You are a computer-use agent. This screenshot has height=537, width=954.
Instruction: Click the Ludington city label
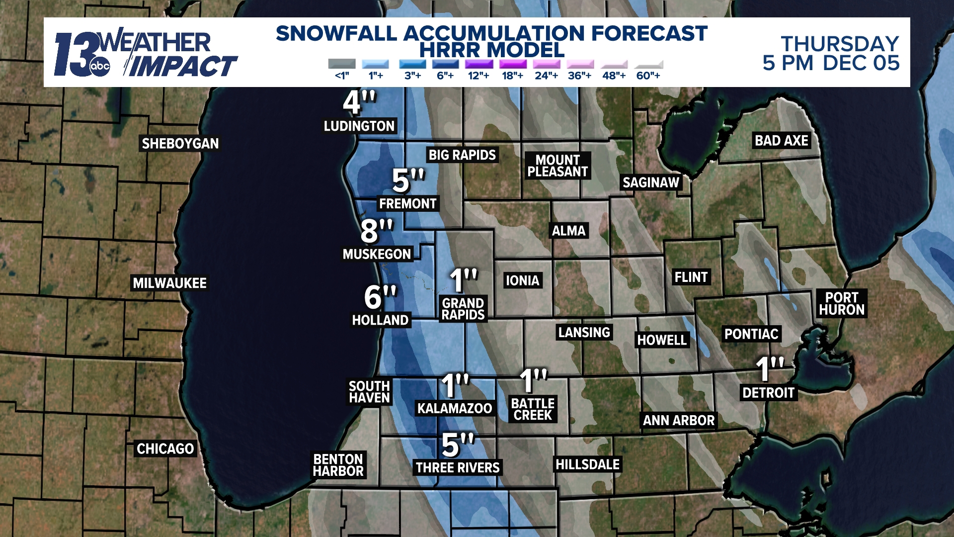tap(359, 126)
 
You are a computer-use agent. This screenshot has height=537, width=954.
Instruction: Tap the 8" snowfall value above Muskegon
tap(376, 231)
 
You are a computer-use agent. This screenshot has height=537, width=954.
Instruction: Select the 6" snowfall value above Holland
tap(380, 297)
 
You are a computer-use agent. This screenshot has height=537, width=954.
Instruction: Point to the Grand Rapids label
tap(463, 309)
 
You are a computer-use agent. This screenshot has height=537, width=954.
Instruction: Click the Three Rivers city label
tap(458, 468)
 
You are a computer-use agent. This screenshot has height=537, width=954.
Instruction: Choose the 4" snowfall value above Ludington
tap(359, 102)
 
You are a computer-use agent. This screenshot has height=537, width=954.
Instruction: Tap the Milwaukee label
tap(169, 283)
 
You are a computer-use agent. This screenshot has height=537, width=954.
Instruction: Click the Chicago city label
tap(165, 449)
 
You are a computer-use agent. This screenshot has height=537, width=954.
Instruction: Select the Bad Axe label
tap(782, 141)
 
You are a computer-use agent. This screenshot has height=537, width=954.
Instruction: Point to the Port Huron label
tap(842, 304)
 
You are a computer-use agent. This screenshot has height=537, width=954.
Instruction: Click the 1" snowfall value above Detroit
tap(769, 369)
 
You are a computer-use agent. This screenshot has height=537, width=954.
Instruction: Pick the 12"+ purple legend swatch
tap(479, 64)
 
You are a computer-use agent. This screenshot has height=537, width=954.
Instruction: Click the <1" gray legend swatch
tap(342, 64)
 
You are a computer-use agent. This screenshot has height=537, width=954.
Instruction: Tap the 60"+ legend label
tap(648, 76)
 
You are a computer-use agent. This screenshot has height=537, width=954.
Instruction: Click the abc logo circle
tap(99, 67)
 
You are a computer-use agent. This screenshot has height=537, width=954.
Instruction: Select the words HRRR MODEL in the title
tap(491, 50)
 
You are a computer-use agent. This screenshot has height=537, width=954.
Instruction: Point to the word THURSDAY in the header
tap(840, 44)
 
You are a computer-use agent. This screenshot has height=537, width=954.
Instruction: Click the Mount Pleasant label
tap(557, 166)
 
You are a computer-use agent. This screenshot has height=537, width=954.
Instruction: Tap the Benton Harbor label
tap(338, 465)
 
